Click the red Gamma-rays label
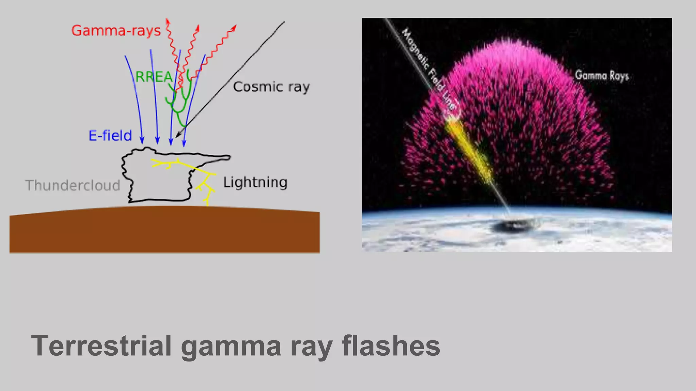[x=116, y=31]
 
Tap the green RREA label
[x=154, y=77]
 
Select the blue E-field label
[x=110, y=135]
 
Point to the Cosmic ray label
[x=271, y=87]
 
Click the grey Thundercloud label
[x=73, y=185]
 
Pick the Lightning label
[x=255, y=182]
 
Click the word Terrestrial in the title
[x=101, y=346]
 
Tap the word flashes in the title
[x=391, y=346]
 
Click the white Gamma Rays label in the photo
[x=602, y=75]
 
